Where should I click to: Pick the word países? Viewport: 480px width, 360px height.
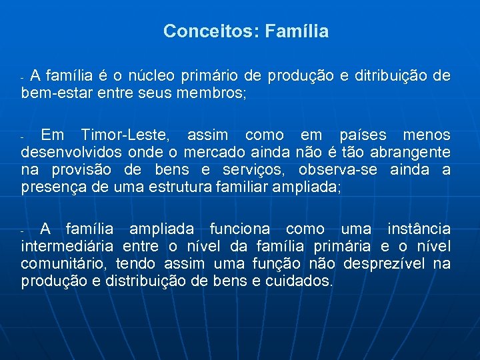pyautogui.click(x=364, y=135)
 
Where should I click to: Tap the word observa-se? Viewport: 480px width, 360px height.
pyautogui.click(x=333, y=170)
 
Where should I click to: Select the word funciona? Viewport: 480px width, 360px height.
pyautogui.click(x=242, y=229)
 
